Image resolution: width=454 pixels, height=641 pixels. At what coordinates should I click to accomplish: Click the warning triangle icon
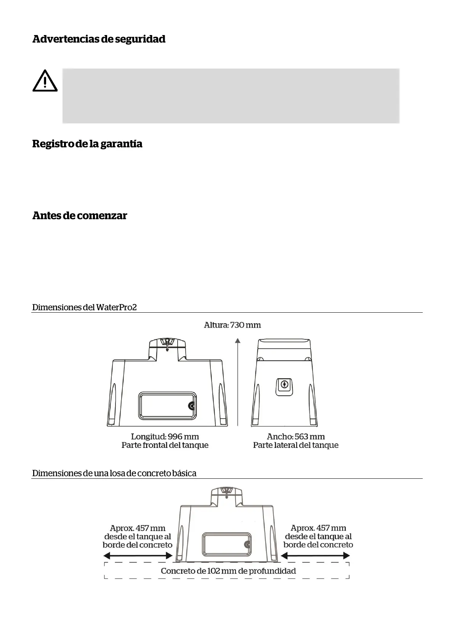(45, 81)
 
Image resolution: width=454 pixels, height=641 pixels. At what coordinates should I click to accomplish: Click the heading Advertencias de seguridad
(99, 39)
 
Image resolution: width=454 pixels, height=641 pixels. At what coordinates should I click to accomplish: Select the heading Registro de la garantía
(87, 144)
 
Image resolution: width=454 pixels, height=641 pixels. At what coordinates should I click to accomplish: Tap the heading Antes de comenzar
(80, 215)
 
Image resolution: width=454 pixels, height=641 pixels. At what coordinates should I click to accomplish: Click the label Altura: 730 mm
(232, 325)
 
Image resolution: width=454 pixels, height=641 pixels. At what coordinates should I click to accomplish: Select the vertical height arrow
(237, 381)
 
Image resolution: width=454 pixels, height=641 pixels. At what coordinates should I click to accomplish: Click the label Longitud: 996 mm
(165, 436)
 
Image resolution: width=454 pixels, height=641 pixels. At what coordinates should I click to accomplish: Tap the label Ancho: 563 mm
(295, 436)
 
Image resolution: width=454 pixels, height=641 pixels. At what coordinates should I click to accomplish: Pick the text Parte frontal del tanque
(165, 445)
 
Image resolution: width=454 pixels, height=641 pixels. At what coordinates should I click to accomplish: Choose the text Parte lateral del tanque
(295, 445)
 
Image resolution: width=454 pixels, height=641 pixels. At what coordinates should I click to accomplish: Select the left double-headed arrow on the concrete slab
(138, 556)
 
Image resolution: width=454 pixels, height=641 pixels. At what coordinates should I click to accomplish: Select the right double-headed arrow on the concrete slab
(315, 556)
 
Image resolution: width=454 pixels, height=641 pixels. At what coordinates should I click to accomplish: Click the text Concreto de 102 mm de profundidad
(228, 571)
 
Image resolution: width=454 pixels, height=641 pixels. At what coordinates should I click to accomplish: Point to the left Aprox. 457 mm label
(138, 528)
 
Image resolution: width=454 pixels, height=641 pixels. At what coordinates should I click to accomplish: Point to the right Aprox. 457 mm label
(318, 528)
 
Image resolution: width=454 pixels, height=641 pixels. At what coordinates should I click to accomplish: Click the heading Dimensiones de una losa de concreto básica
(114, 473)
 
